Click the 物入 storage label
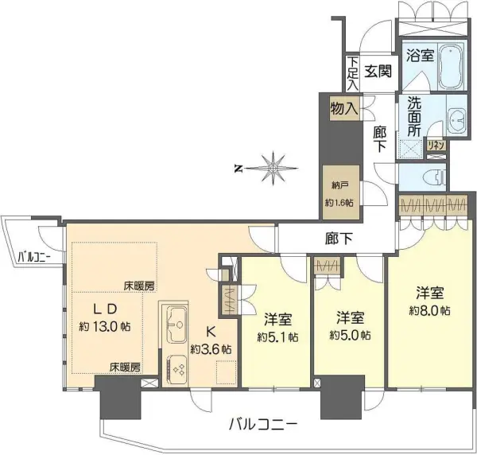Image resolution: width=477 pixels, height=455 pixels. (343, 109)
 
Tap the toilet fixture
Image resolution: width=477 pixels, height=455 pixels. (435, 178)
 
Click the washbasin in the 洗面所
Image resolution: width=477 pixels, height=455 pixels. (458, 121)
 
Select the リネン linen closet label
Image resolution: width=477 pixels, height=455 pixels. (436, 145)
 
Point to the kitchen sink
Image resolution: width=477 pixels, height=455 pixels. (176, 325)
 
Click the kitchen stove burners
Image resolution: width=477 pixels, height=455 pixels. (176, 369)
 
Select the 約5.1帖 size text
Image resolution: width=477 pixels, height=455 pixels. (279, 336)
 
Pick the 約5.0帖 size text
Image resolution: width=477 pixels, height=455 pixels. (351, 335)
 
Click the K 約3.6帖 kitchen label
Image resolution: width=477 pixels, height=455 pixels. (211, 340)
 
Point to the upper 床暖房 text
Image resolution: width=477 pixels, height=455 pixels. (138, 285)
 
